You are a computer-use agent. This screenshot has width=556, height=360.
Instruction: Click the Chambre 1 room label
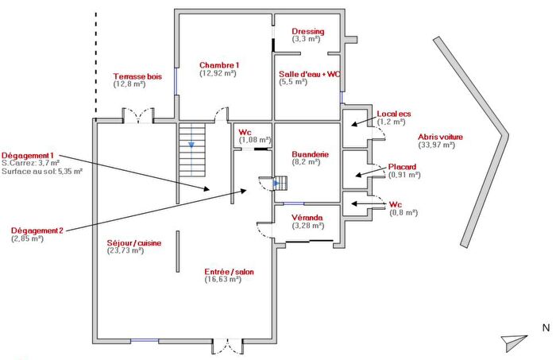coord(219,65)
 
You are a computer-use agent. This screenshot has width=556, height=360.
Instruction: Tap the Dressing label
coord(308,31)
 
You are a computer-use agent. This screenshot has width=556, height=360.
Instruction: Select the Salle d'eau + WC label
coord(310,74)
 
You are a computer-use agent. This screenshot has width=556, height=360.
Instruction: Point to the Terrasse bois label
coord(137,75)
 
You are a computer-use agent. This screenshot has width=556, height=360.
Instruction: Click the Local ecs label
coord(394,114)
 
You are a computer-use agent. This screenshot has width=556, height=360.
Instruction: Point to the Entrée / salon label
coord(229,271)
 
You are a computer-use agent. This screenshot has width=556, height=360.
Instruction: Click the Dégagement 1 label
coord(28,155)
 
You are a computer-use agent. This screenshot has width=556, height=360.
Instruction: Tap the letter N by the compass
coord(546,327)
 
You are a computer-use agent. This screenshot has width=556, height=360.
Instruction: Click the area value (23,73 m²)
coord(125,250)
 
